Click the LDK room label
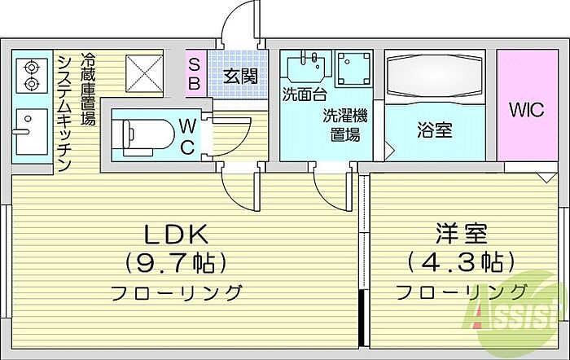[x=177, y=235]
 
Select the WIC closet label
[x=527, y=109]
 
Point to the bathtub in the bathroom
[x=435, y=76]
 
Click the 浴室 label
[x=435, y=130]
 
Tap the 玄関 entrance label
[x=240, y=77]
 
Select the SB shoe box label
[x=195, y=75]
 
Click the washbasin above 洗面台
[x=306, y=68]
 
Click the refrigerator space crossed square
[x=144, y=73]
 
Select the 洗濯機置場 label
[x=345, y=125]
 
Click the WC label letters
[x=187, y=137]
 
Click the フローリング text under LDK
[x=177, y=292]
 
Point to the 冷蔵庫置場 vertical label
[x=88, y=89]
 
